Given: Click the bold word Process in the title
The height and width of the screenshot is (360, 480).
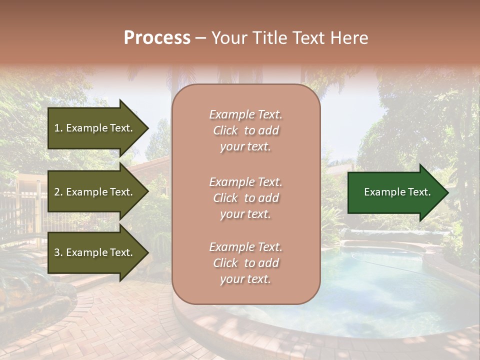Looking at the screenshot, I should pyautogui.click(x=157, y=38).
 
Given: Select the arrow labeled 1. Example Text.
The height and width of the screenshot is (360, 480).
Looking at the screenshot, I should pyautogui.click(x=95, y=128).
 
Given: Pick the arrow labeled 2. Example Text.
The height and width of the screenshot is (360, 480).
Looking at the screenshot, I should pyautogui.click(x=95, y=192).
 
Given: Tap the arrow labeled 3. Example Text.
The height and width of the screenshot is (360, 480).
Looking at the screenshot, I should pyautogui.click(x=95, y=252).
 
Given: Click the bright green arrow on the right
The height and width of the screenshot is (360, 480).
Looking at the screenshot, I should pyautogui.click(x=395, y=192).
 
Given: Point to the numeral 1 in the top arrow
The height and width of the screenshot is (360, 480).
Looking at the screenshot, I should pyautogui.click(x=56, y=128).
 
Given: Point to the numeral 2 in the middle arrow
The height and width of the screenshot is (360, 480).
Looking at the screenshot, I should pyautogui.click(x=56, y=192).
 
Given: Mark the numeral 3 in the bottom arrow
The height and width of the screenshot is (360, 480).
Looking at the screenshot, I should pyautogui.click(x=56, y=252).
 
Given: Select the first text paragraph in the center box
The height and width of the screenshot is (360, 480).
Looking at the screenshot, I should pyautogui.click(x=245, y=130).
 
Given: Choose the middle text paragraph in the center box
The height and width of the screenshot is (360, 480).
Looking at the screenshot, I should pyautogui.click(x=245, y=198).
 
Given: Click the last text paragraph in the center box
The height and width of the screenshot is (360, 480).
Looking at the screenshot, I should pyautogui.click(x=245, y=263).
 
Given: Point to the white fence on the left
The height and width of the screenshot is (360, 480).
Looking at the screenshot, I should pyautogui.click(x=20, y=210).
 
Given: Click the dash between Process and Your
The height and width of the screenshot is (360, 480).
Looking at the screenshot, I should pyautogui.click(x=201, y=38).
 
